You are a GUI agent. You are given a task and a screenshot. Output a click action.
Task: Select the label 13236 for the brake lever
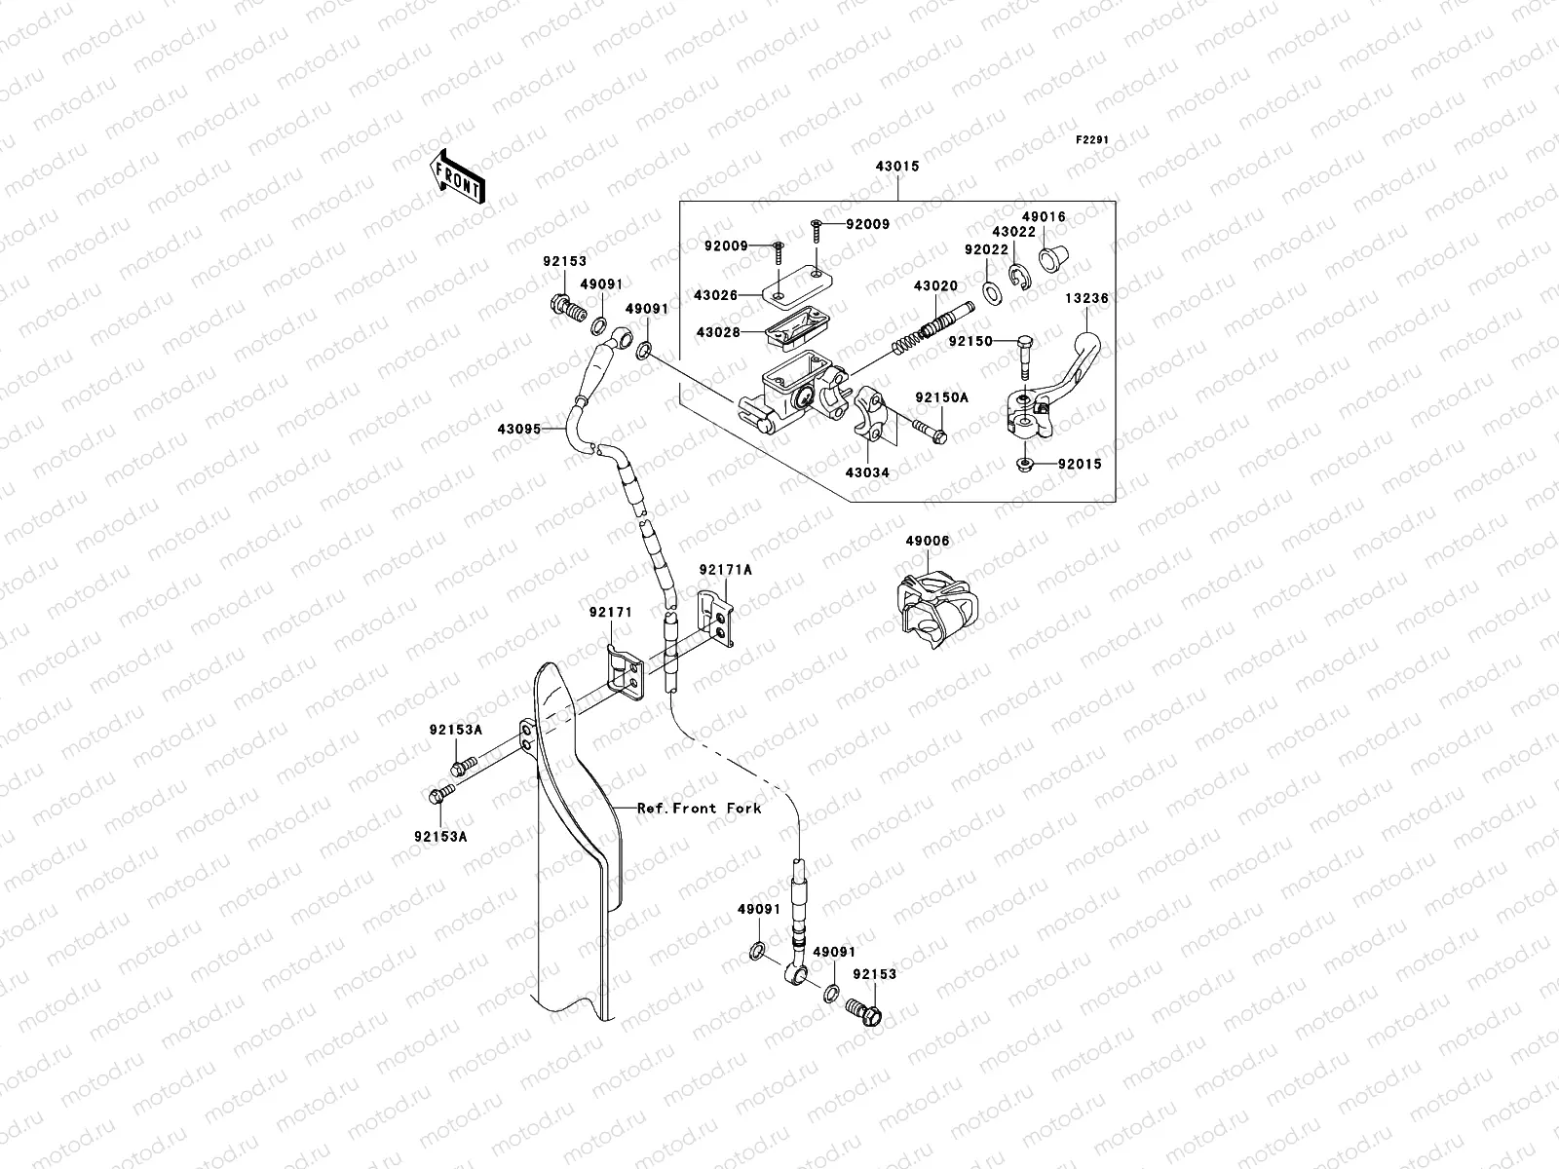click(1085, 299)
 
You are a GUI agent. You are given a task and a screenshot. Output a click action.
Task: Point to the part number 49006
click(927, 541)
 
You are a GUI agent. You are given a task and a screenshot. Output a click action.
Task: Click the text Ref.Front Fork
click(699, 808)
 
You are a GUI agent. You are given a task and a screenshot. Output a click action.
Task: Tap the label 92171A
click(725, 571)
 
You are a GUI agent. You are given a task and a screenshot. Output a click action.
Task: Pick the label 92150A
click(941, 397)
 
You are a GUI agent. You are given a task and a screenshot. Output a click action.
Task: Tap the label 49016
click(1043, 217)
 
